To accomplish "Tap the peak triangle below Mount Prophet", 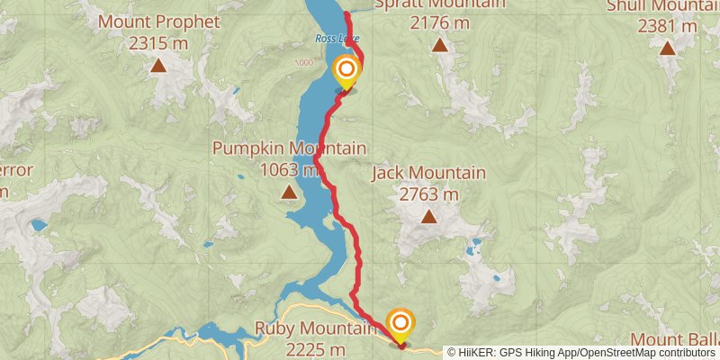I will coord(158,65).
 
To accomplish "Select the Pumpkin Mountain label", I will coord(289,148).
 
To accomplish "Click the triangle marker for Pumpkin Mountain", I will coord(288,192).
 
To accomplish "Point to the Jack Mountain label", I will coord(428,173).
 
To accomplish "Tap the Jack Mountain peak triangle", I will coord(428,216).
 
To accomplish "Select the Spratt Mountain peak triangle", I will coord(439,44).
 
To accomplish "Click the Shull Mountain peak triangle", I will coord(667,47).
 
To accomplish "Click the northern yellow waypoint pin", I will coord(346,69).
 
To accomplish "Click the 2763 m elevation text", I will coord(428,193).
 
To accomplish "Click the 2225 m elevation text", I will coord(315,349).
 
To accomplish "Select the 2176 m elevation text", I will coord(439,22).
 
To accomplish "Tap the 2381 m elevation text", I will coord(666,25).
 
